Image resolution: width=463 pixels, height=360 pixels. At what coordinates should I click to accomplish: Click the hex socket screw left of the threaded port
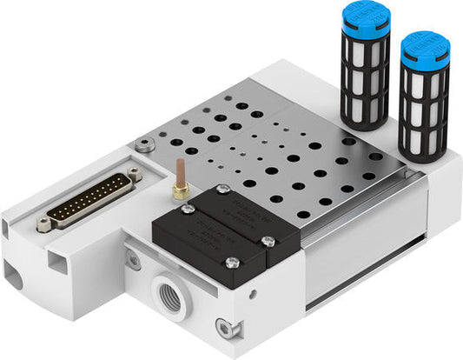[133, 258]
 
